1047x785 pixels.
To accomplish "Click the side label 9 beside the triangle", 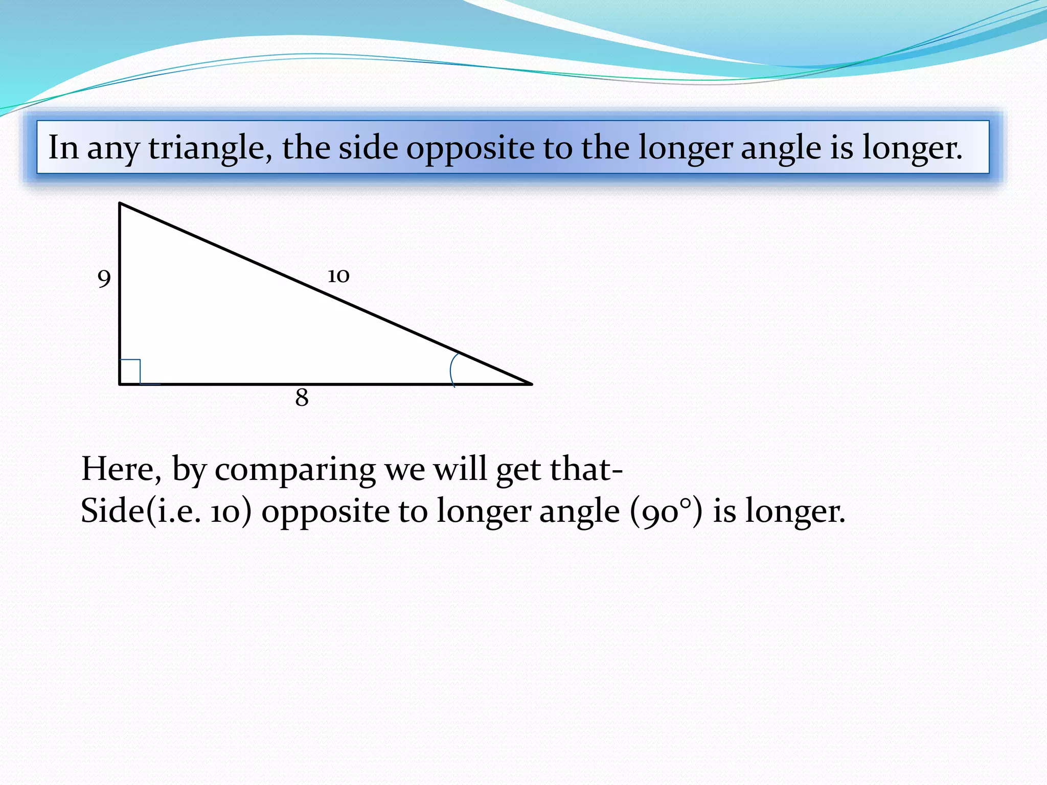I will (104, 279).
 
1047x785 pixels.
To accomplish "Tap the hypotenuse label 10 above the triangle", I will (338, 276).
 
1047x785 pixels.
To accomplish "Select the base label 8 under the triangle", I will (302, 398).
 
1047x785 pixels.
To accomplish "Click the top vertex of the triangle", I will (120, 204).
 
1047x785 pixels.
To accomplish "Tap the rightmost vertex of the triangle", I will (531, 383).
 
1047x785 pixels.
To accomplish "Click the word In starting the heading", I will (63, 147).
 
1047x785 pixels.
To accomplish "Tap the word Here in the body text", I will (121, 469).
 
